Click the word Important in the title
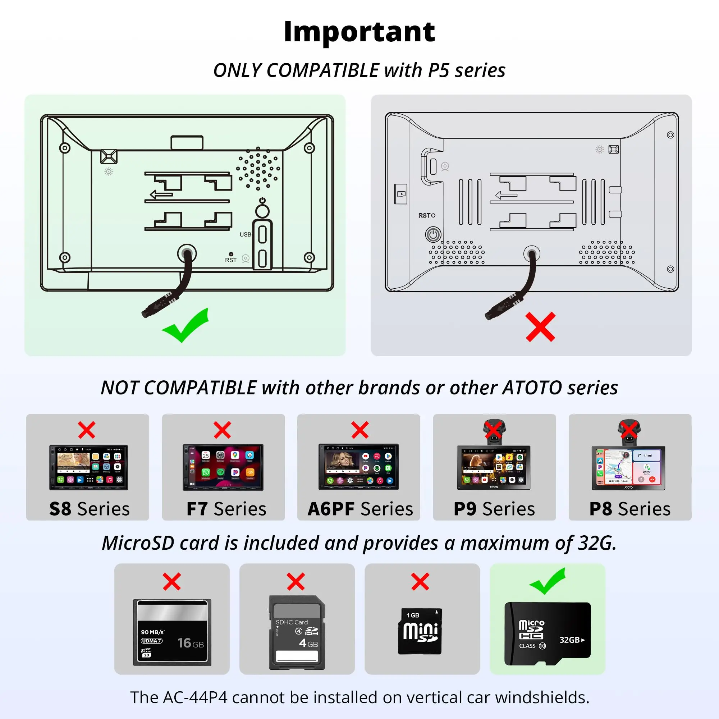tap(359, 32)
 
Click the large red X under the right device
tap(540, 327)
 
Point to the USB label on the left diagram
tap(245, 234)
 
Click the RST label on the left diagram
tap(231, 260)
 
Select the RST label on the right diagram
tap(426, 215)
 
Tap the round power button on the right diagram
tap(433, 234)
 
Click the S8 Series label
tap(89, 509)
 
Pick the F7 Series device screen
tap(223, 467)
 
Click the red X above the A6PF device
tap(359, 430)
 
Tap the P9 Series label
tap(494, 509)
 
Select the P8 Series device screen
tap(628, 468)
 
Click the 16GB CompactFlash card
tap(172, 632)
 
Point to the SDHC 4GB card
tap(297, 632)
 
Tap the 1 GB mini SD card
tap(420, 632)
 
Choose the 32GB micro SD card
tap(548, 634)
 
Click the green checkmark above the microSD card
tap(547, 582)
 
